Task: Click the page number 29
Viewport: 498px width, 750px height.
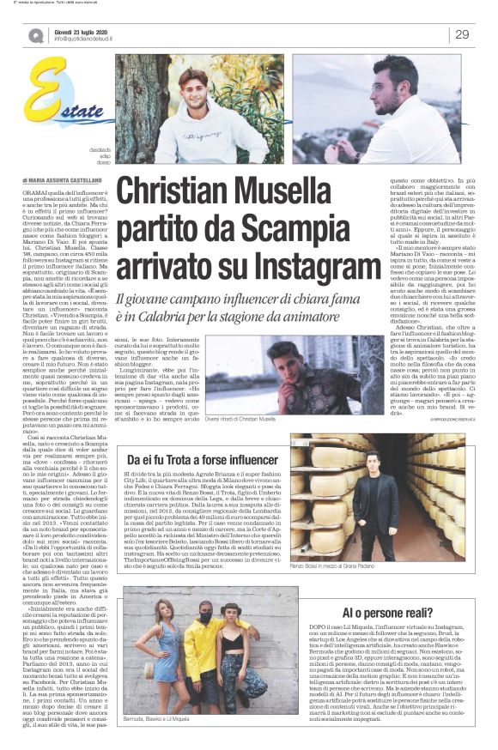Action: coord(462,34)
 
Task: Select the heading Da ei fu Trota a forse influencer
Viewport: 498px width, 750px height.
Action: coord(203,461)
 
